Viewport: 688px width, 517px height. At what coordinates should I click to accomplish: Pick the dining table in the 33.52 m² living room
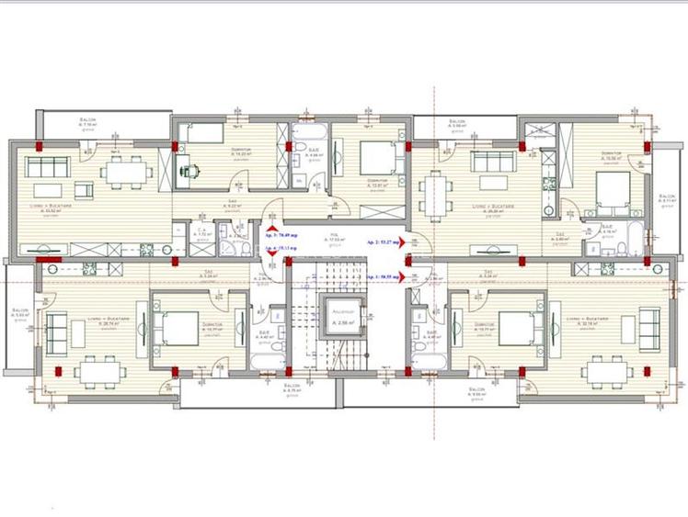[123, 172]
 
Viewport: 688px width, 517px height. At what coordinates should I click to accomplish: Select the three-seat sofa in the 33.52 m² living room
[46, 167]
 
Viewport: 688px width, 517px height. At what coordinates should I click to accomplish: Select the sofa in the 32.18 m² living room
[649, 328]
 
